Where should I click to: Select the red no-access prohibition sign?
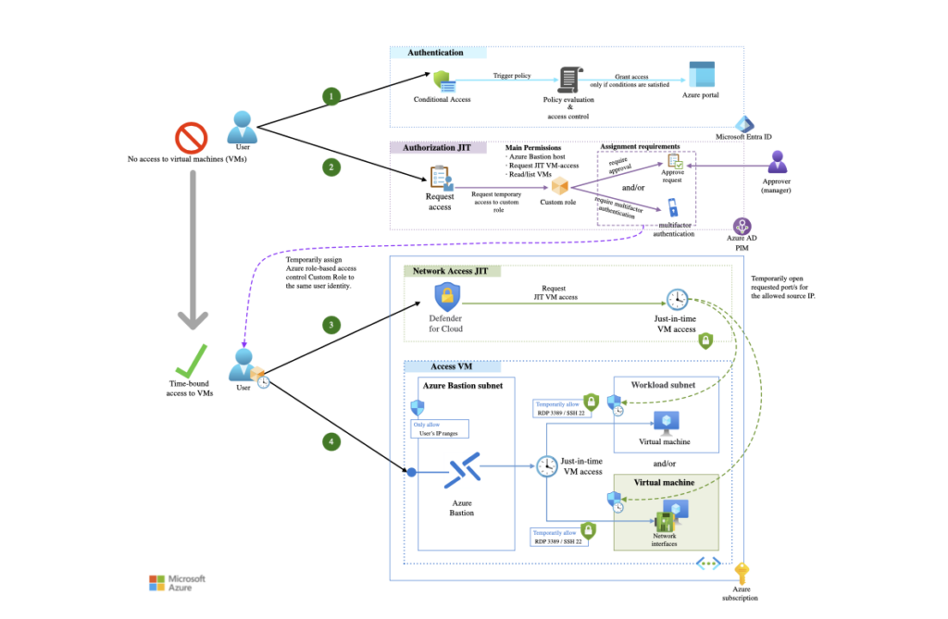tap(192, 138)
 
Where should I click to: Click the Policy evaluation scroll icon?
tap(568, 81)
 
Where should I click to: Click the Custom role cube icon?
tap(558, 185)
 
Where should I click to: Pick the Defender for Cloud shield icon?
tap(448, 298)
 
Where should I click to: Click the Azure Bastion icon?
tap(461, 472)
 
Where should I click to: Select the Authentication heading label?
tap(435, 53)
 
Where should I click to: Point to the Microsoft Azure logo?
tap(176, 583)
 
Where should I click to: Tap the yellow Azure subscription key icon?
tap(742, 574)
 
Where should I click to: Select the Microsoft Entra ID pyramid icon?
tap(743, 123)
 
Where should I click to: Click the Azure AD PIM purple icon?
tap(742, 226)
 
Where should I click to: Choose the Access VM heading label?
tap(440, 366)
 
